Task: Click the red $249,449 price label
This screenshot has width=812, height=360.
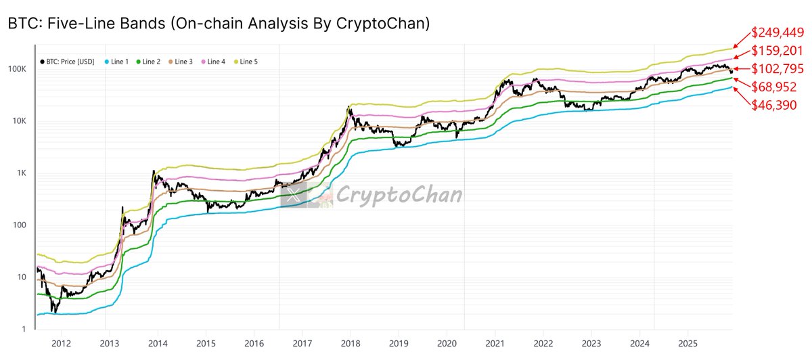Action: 778,32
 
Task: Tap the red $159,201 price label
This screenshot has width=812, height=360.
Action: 777,51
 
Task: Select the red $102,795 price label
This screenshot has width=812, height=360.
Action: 777,69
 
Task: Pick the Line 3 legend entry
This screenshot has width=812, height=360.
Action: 179,62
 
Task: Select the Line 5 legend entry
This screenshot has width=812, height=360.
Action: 244,62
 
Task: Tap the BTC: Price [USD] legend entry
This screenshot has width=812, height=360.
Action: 66,62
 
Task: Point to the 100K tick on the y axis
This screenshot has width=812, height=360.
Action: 18,70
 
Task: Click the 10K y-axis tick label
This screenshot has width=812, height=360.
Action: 19,122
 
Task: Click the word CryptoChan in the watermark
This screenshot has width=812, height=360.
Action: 399,196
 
